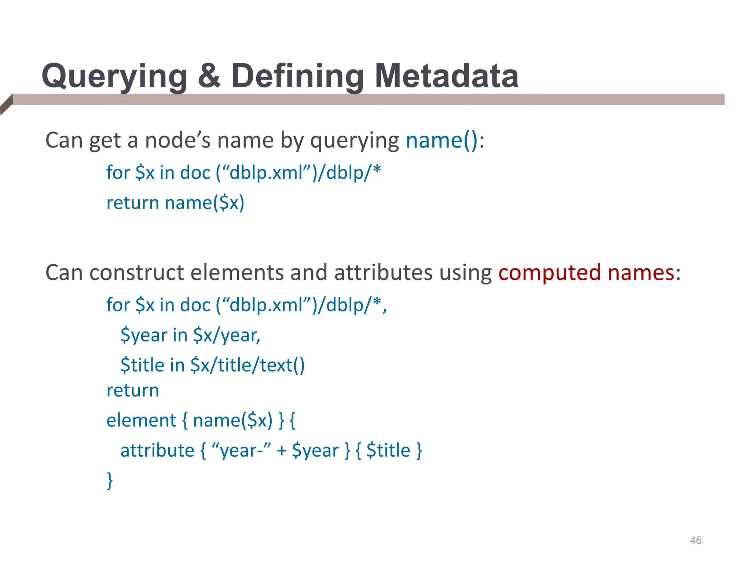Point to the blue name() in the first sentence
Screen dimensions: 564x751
[442, 140]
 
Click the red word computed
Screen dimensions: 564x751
[549, 273]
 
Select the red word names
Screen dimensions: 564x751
[641, 273]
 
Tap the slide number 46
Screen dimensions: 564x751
[695, 540]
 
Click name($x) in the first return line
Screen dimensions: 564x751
[204, 203]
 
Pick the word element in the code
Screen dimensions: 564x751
[141, 420]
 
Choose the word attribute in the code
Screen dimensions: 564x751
[157, 450]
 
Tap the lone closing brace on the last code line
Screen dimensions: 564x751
[110, 480]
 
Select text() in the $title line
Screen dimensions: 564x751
[282, 365]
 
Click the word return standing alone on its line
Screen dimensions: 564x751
[133, 390]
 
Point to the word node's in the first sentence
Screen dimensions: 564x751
[178, 140]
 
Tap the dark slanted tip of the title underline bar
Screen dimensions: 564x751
[6, 104]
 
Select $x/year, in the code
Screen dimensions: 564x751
[227, 335]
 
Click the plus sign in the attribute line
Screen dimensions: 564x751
[281, 451]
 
